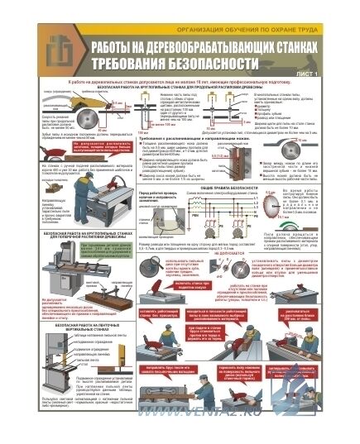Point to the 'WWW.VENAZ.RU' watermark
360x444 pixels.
pos(273,430)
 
